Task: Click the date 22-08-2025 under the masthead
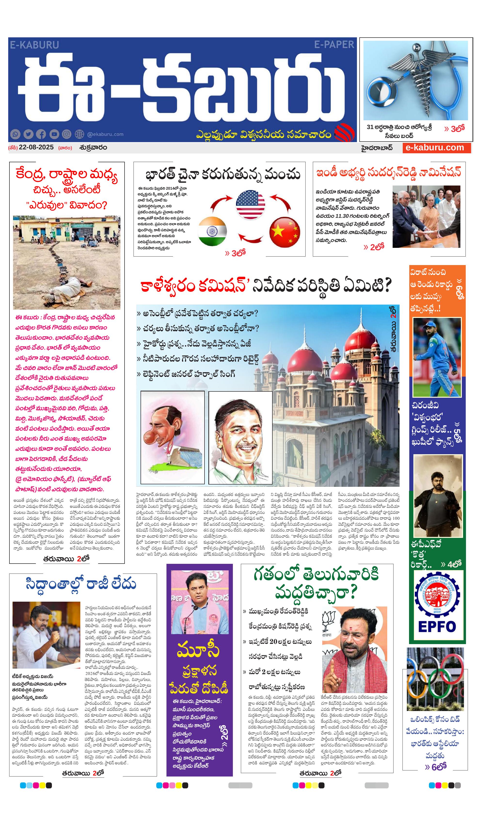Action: tap(36, 147)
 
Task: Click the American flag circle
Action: tap(250, 205)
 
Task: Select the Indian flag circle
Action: tap(212, 231)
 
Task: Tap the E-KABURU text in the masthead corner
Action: tap(34, 45)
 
